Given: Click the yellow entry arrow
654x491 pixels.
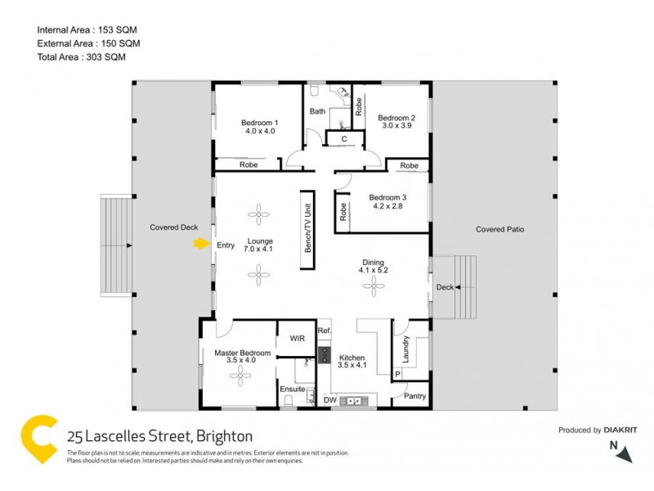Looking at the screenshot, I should (x=201, y=243).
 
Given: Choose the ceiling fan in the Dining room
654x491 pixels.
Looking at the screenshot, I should (x=374, y=286).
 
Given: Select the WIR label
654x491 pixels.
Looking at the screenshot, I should (x=296, y=337).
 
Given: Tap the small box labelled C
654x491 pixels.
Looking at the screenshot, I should (x=344, y=140).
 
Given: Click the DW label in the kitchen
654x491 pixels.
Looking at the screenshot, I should (x=329, y=400).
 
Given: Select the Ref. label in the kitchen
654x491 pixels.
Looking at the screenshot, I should (x=324, y=331).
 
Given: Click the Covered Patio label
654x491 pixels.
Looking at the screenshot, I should (x=499, y=230).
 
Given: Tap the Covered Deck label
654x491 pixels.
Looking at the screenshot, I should (x=173, y=227).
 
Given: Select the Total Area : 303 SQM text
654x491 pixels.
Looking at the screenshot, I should (x=82, y=56).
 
